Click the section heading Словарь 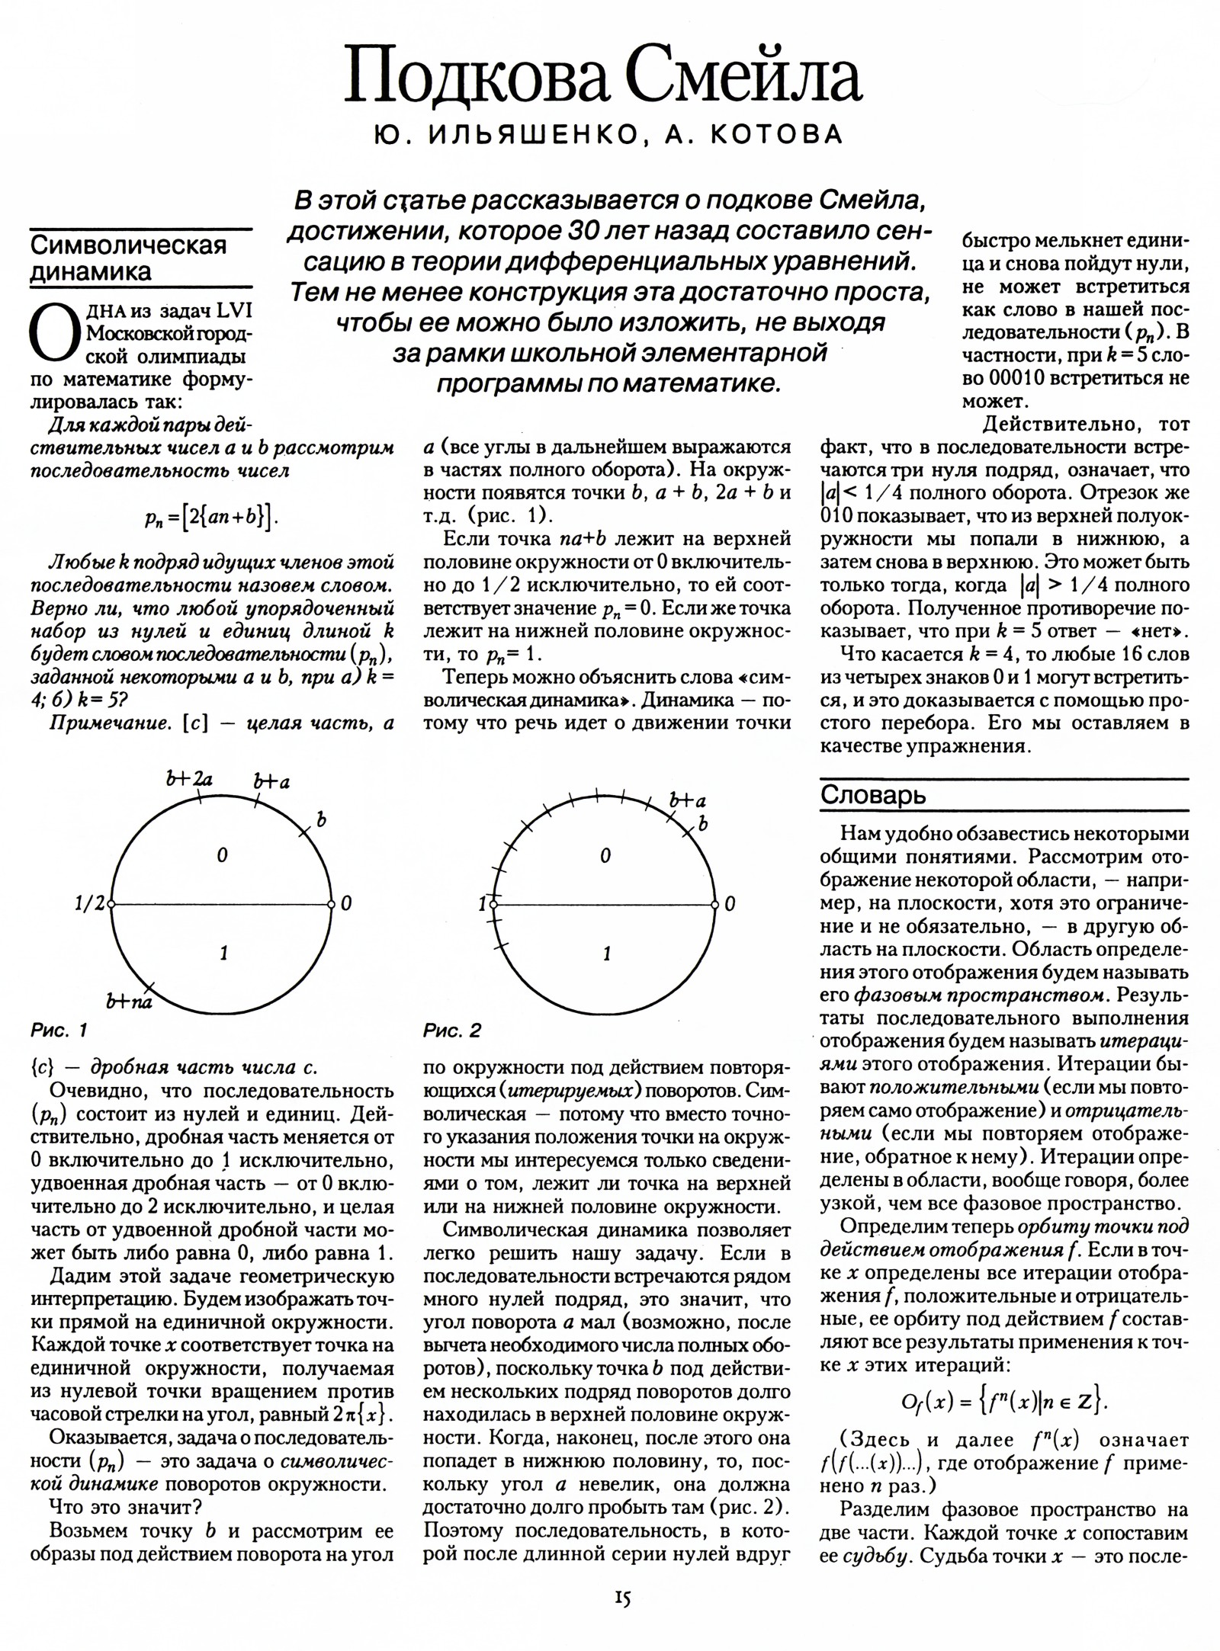[x=873, y=795]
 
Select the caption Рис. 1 [x=59, y=1031]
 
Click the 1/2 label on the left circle [x=88, y=905]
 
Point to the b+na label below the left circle [x=129, y=1002]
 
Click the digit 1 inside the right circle [x=606, y=954]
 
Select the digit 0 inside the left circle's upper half [x=222, y=856]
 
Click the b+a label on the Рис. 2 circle [x=687, y=800]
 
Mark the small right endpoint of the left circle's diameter [x=332, y=905]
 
